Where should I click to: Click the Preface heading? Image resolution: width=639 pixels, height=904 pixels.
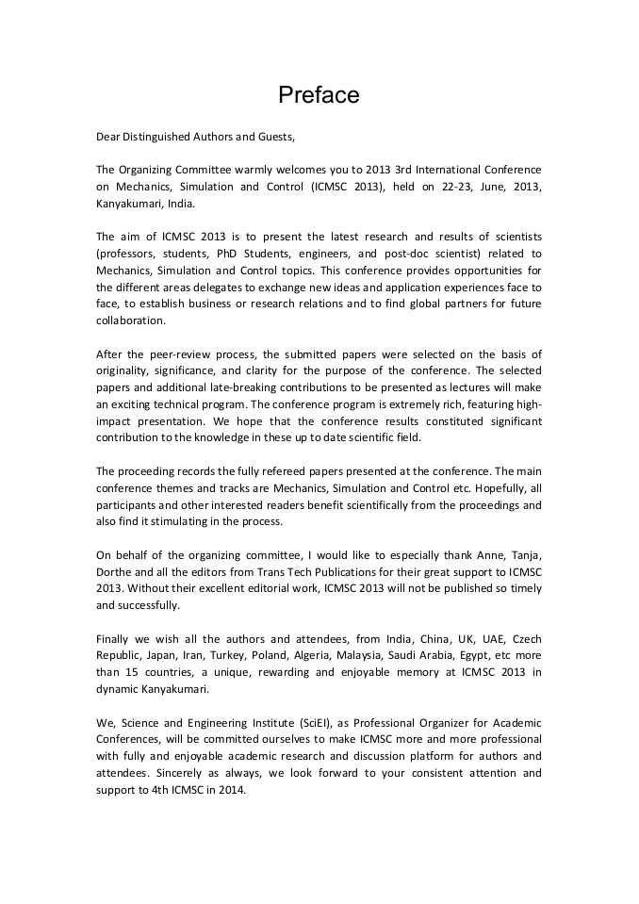[x=319, y=95]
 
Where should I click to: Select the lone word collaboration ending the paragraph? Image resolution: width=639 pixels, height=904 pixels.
[x=130, y=320]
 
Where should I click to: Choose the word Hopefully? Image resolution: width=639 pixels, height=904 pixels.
[x=488, y=488]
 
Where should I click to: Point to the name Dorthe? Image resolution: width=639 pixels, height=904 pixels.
[x=116, y=571]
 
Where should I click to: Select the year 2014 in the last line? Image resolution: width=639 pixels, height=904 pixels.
[x=229, y=790]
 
